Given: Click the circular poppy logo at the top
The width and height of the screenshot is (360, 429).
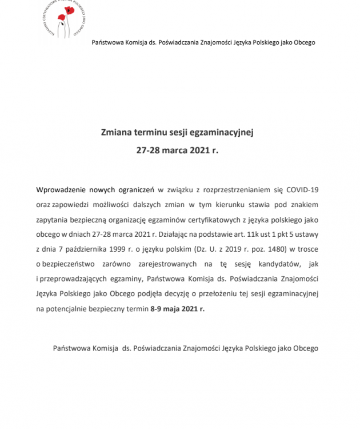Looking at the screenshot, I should pos(63,17).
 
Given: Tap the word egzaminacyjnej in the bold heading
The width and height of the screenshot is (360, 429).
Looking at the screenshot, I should pos(226,132).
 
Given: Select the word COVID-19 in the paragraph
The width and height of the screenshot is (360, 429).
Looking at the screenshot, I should pos(302,189).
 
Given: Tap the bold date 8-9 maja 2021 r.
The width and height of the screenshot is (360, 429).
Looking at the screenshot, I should pos(177,308).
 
